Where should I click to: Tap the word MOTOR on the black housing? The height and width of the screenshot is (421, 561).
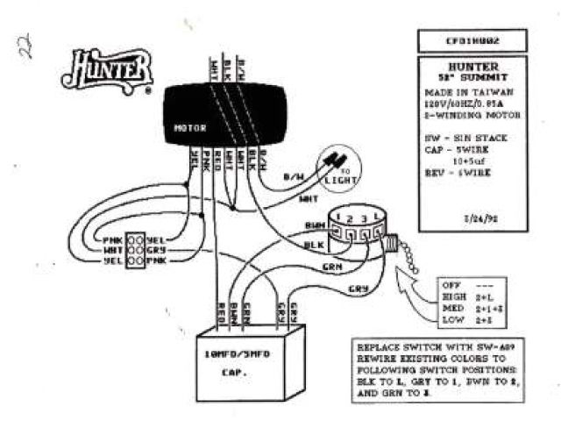189,127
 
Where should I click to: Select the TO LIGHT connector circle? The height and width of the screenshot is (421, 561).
337,167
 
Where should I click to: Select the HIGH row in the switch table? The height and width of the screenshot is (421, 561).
468,297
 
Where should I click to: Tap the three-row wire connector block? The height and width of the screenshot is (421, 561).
135,249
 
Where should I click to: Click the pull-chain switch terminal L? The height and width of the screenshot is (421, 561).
377,216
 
